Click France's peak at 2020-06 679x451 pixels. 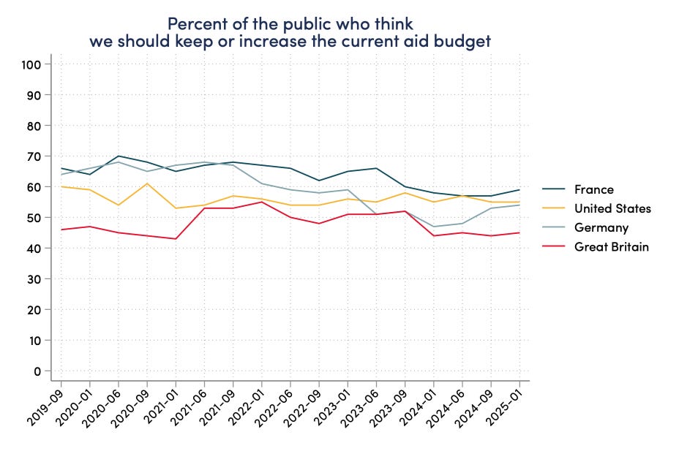pos(119,156)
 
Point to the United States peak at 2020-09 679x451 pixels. pos(147,183)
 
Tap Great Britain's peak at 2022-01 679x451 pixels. pos(262,202)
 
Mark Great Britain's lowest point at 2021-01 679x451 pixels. pos(176,239)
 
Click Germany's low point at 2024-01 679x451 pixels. pos(434,227)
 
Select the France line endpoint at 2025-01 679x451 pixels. pos(519,190)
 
